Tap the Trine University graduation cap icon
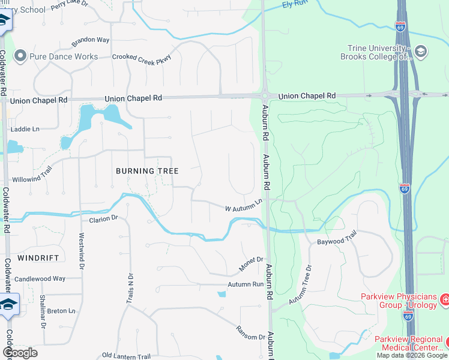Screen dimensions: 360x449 click(420, 52)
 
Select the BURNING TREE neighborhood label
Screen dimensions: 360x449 click(147, 171)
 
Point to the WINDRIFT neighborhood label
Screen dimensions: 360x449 click(38, 257)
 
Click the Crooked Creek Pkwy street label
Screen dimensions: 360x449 click(142, 58)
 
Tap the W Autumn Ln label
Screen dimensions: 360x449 click(244, 206)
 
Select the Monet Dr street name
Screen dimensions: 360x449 click(252, 260)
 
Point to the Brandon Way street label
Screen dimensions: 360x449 click(91, 41)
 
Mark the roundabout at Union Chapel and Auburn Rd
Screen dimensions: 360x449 click(264, 96)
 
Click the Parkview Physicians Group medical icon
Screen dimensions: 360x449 click(444, 298)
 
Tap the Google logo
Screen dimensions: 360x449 click(20, 353)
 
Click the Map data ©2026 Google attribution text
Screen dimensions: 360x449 click(412, 355)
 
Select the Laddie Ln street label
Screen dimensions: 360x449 click(28, 128)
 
